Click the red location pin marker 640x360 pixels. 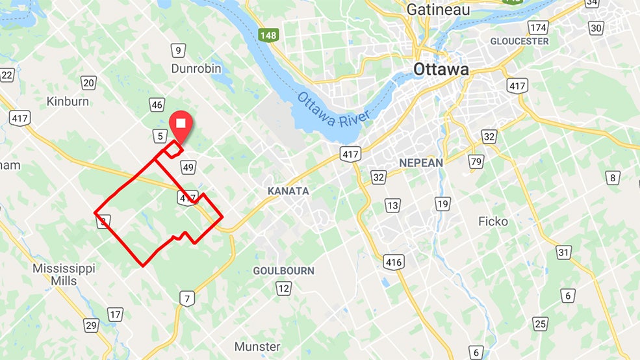point(181,125)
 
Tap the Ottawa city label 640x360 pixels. point(441,70)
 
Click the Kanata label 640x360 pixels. point(288,191)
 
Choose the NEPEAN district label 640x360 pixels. point(421,162)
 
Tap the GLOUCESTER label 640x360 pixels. point(519,41)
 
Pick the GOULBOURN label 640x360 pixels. point(283,270)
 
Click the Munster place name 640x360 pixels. point(257,346)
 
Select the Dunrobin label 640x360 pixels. point(196,68)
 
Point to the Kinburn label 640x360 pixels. point(68,101)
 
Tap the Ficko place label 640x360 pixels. point(493,222)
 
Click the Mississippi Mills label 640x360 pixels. point(64,275)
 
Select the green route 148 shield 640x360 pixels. point(268,35)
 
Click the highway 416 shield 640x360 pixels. point(394,262)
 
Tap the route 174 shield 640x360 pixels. point(537,27)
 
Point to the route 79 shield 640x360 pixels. point(477,161)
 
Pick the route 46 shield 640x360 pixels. point(157,105)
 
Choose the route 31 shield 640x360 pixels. point(563,253)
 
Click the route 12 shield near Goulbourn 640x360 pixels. point(283,288)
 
